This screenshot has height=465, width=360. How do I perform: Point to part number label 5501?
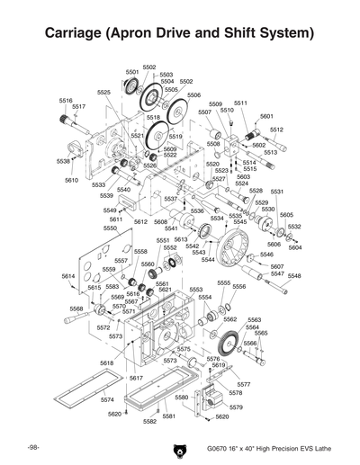click(x=132, y=72)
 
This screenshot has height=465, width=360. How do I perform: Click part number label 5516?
click(x=66, y=100)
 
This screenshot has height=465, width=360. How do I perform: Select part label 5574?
click(x=107, y=399)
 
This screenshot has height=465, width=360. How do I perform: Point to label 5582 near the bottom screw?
click(x=149, y=421)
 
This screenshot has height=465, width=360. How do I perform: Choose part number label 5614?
click(x=68, y=275)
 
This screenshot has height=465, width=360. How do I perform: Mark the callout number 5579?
click(x=236, y=407)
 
